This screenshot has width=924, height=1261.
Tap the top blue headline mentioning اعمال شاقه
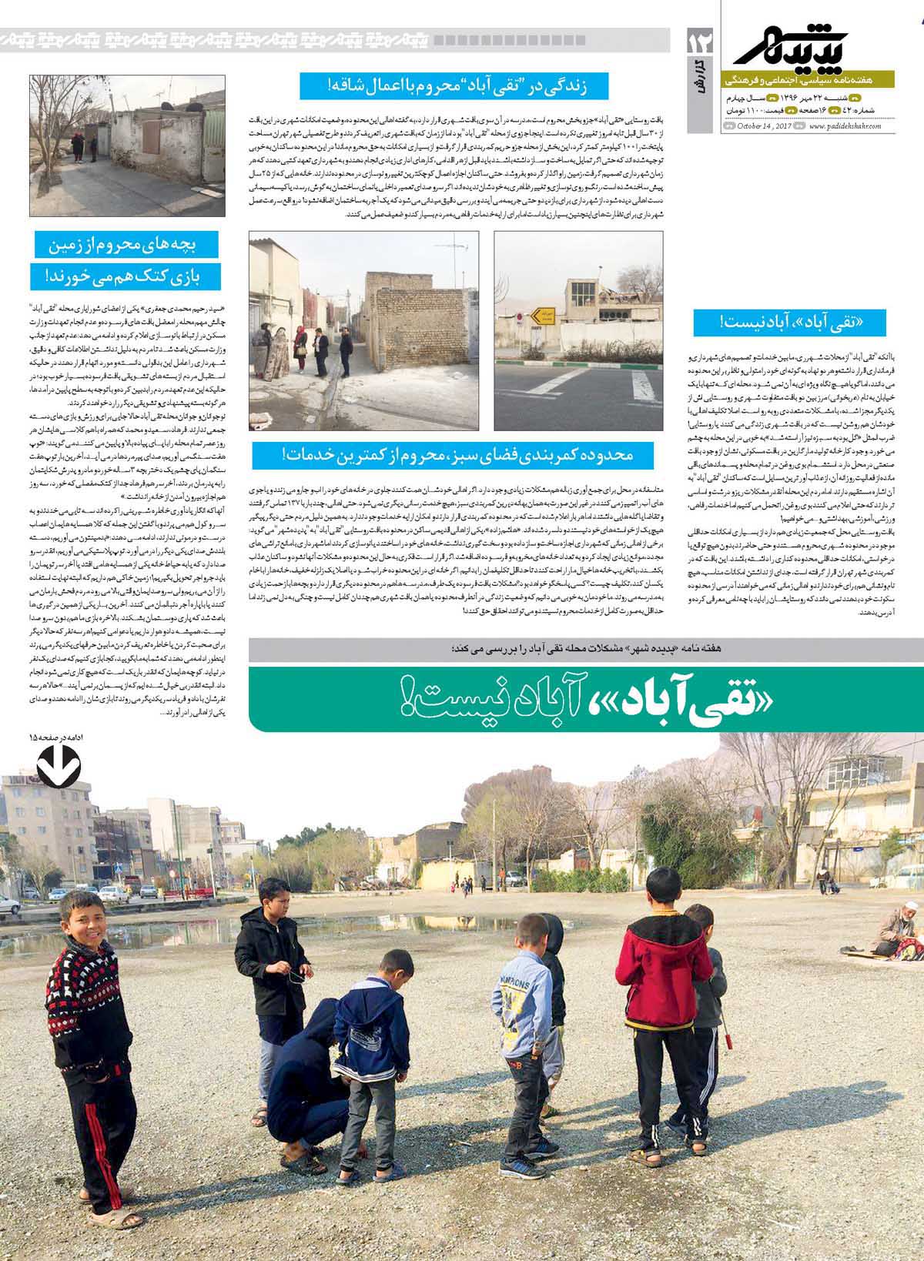(x=455, y=85)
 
